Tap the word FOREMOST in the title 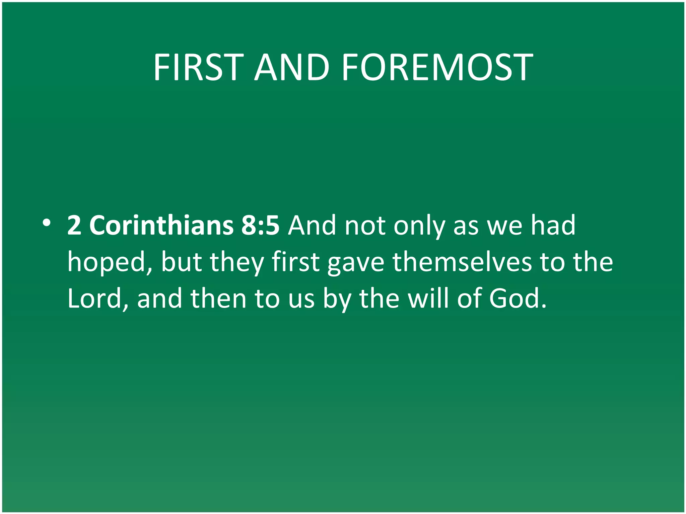(437, 68)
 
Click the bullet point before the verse (47, 223)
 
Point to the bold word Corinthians (161, 225)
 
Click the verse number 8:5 (260, 225)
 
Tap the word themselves (462, 262)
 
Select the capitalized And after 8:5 (312, 225)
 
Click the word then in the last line (219, 299)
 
